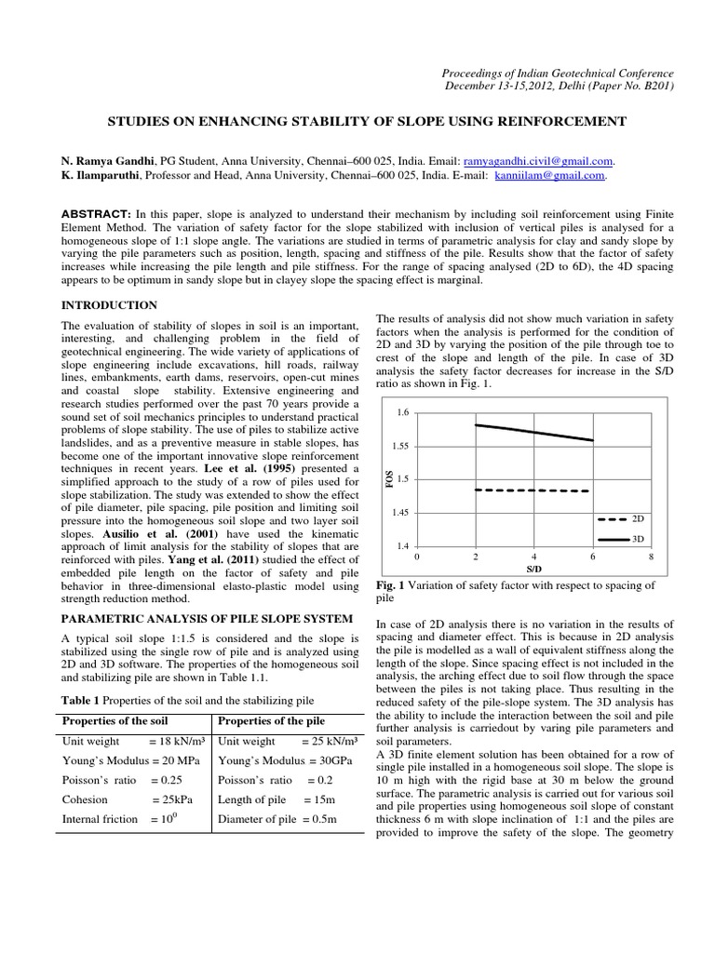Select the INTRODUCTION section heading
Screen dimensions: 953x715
(109, 305)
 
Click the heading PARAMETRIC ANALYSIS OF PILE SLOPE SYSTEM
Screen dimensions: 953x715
(207, 618)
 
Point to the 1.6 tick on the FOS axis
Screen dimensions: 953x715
(402, 411)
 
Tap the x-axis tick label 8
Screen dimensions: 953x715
(652, 556)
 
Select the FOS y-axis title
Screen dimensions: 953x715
(389, 478)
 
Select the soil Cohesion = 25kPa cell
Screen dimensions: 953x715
(130, 799)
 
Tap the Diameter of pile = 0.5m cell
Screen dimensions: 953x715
(277, 819)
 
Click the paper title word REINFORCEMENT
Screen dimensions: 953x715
(547, 122)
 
